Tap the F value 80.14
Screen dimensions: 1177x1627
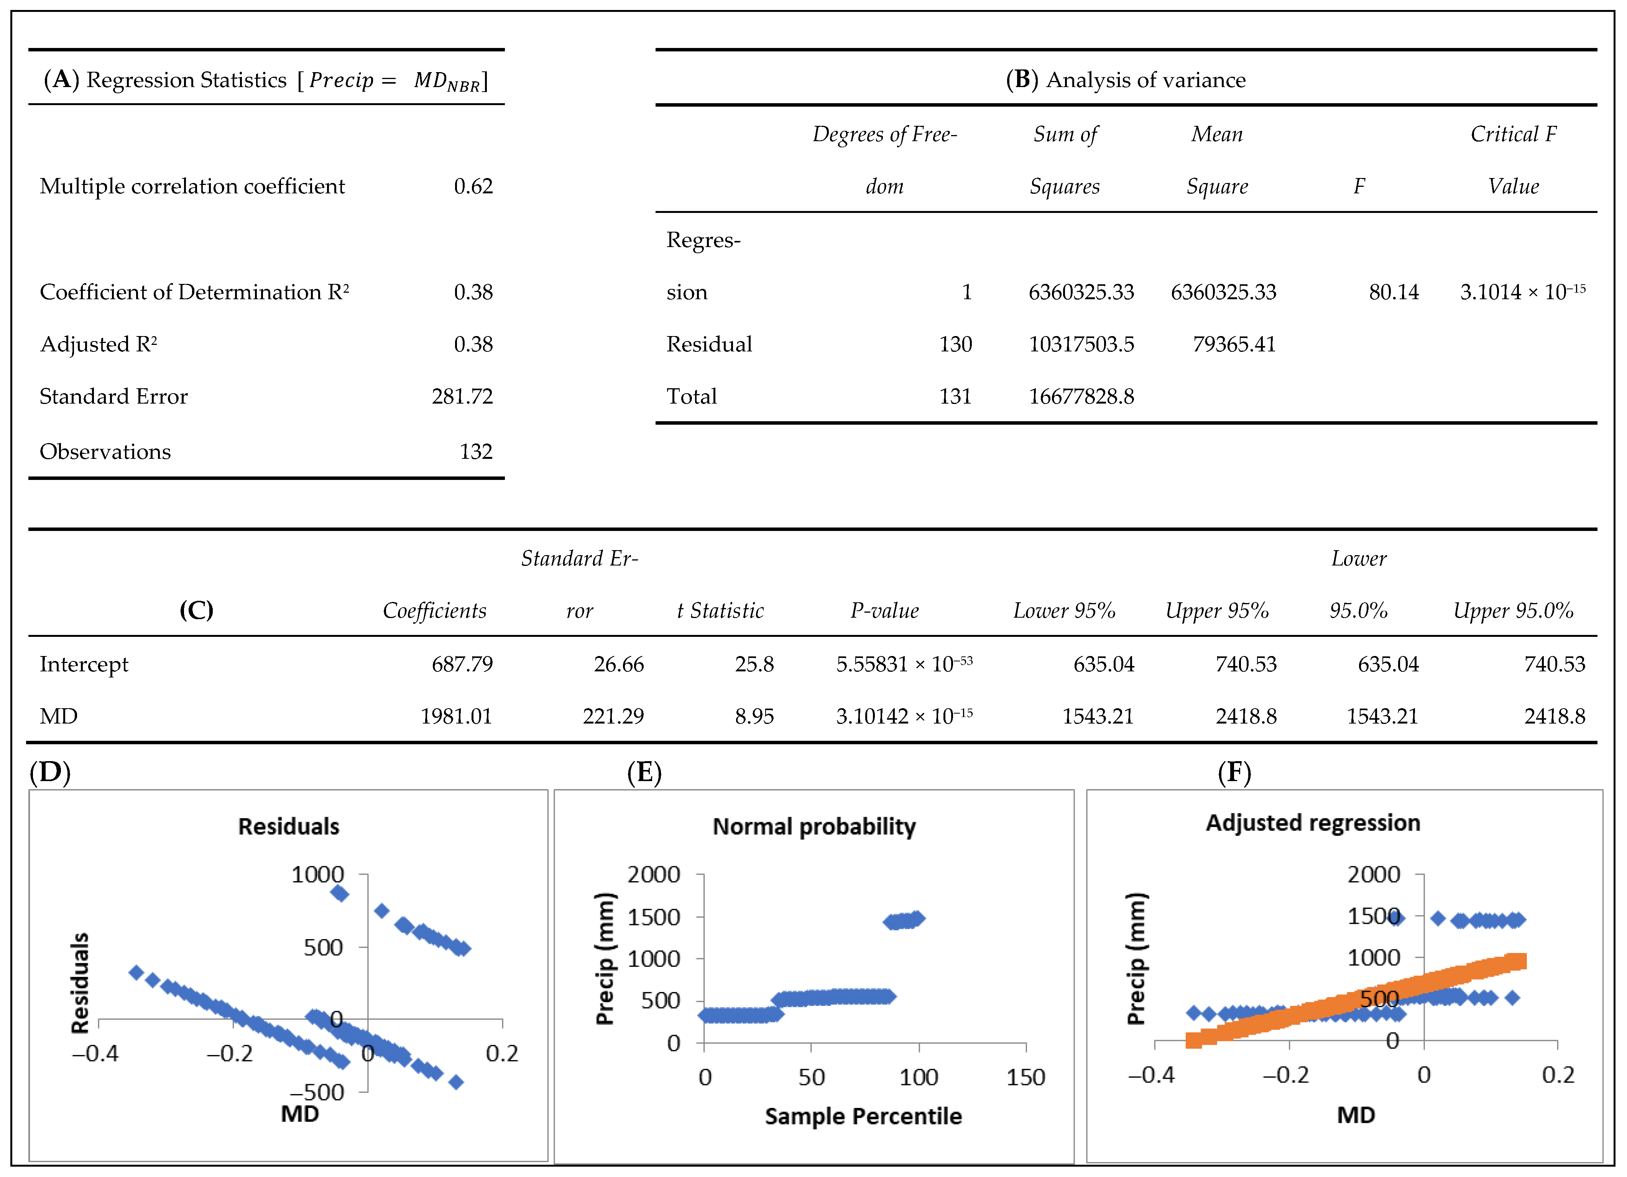(1393, 292)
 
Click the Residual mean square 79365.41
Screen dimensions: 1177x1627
(1234, 345)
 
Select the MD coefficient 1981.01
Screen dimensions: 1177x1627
(456, 716)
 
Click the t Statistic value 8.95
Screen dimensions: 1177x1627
(754, 716)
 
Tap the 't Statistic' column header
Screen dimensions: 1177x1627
(720, 611)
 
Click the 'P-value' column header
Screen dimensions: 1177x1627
(884, 611)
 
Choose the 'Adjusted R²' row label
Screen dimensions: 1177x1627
(98, 345)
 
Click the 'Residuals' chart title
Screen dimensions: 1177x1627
(288, 827)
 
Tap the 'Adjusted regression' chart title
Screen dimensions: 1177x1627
(1313, 823)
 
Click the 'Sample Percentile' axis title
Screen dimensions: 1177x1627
(863, 1117)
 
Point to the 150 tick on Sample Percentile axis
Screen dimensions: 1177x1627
(1025, 1077)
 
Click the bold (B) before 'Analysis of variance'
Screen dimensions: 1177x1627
(1022, 80)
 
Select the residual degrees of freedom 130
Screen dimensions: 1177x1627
(956, 345)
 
